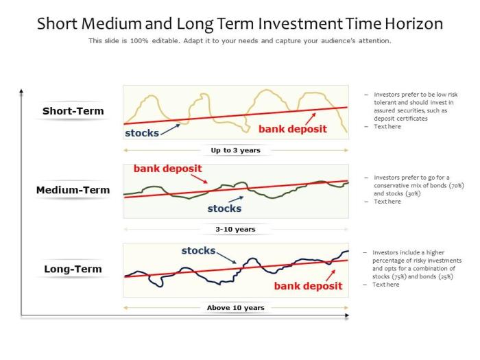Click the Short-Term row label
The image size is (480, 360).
[x=73, y=111]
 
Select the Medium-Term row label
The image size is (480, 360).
[x=73, y=190]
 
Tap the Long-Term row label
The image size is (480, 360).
[x=73, y=269]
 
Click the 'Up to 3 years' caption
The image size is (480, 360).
[x=235, y=150]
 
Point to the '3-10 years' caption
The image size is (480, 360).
[x=235, y=229]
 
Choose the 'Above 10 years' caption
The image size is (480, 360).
[x=235, y=308]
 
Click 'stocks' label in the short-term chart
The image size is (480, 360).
[x=141, y=133]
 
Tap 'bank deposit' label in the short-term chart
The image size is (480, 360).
[x=292, y=129]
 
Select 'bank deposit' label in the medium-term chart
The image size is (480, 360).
[x=167, y=168]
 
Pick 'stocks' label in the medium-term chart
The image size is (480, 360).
[x=224, y=208]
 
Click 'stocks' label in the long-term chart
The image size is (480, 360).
[x=198, y=251]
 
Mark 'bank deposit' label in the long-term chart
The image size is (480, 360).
[x=308, y=286]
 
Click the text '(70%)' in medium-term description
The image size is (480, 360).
[x=457, y=185]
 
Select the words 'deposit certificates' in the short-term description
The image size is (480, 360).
[x=400, y=119]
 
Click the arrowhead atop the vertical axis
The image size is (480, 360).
[x=21, y=91]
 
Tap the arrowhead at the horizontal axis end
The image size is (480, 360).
[x=346, y=316]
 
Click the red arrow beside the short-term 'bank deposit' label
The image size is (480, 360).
[x=311, y=118]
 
